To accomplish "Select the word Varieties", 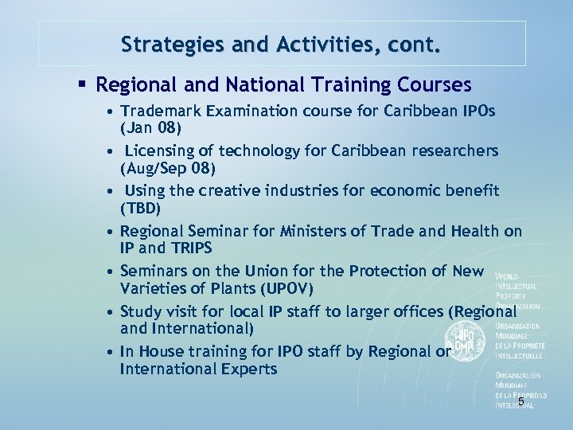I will pos(152,287).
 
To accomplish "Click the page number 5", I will pos(521,401).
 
